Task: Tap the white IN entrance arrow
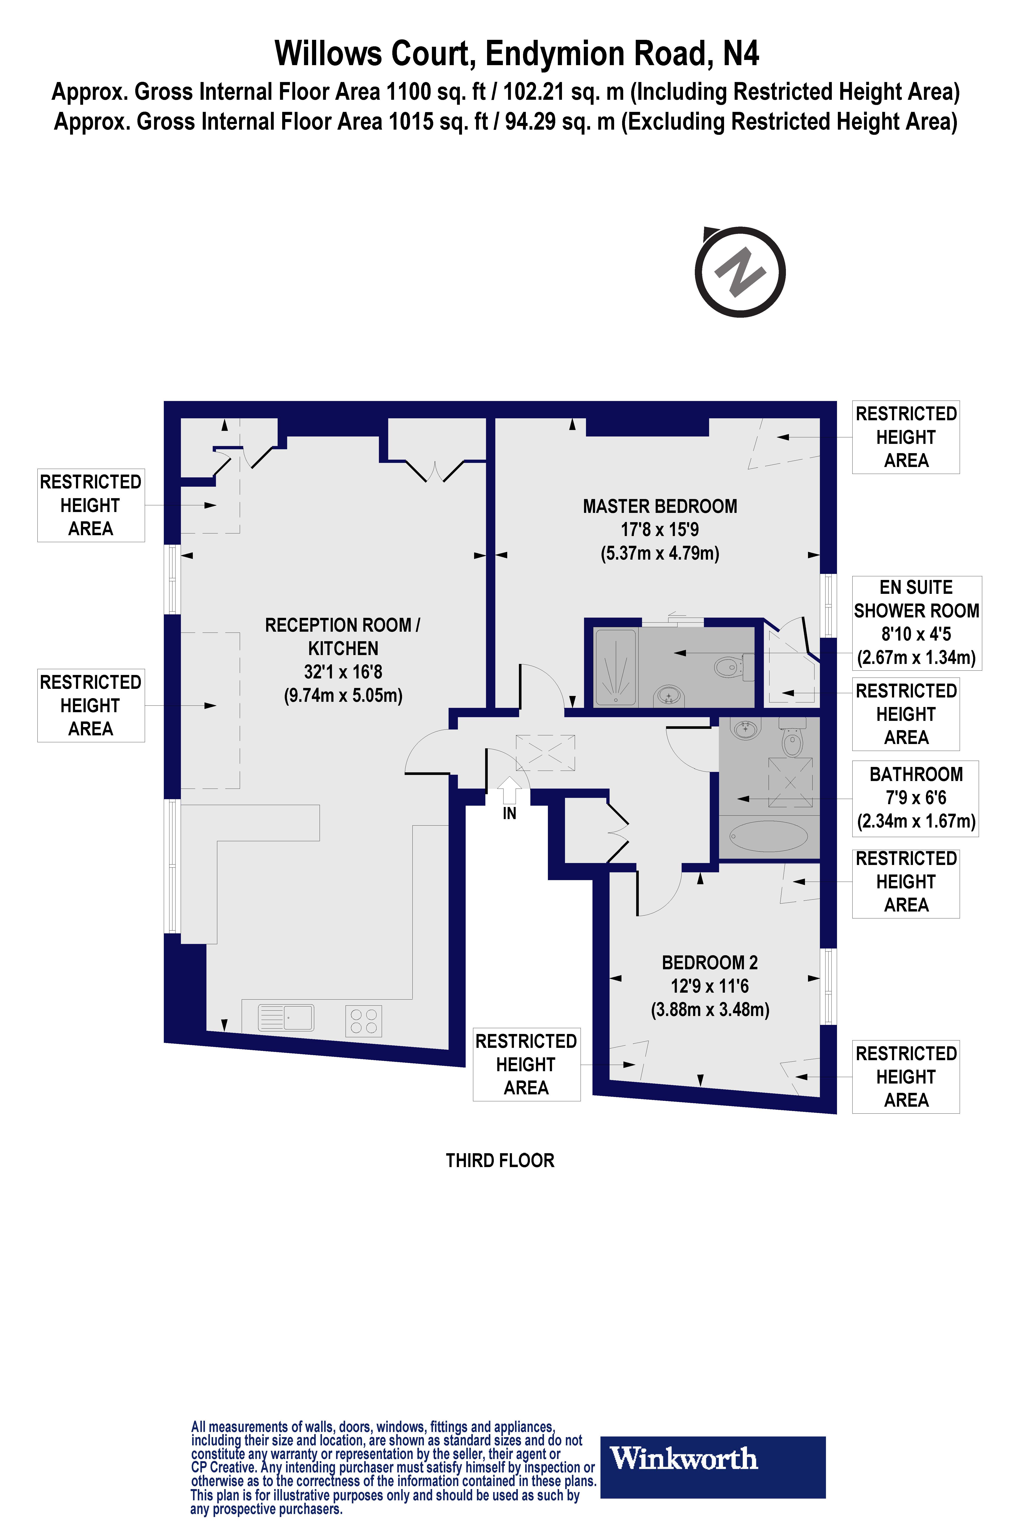[509, 791]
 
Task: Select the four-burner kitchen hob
[363, 1021]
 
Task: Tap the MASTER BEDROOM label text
[660, 506]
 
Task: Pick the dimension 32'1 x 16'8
[343, 672]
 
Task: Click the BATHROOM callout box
[916, 798]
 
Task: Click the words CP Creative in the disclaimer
[223, 1467]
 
